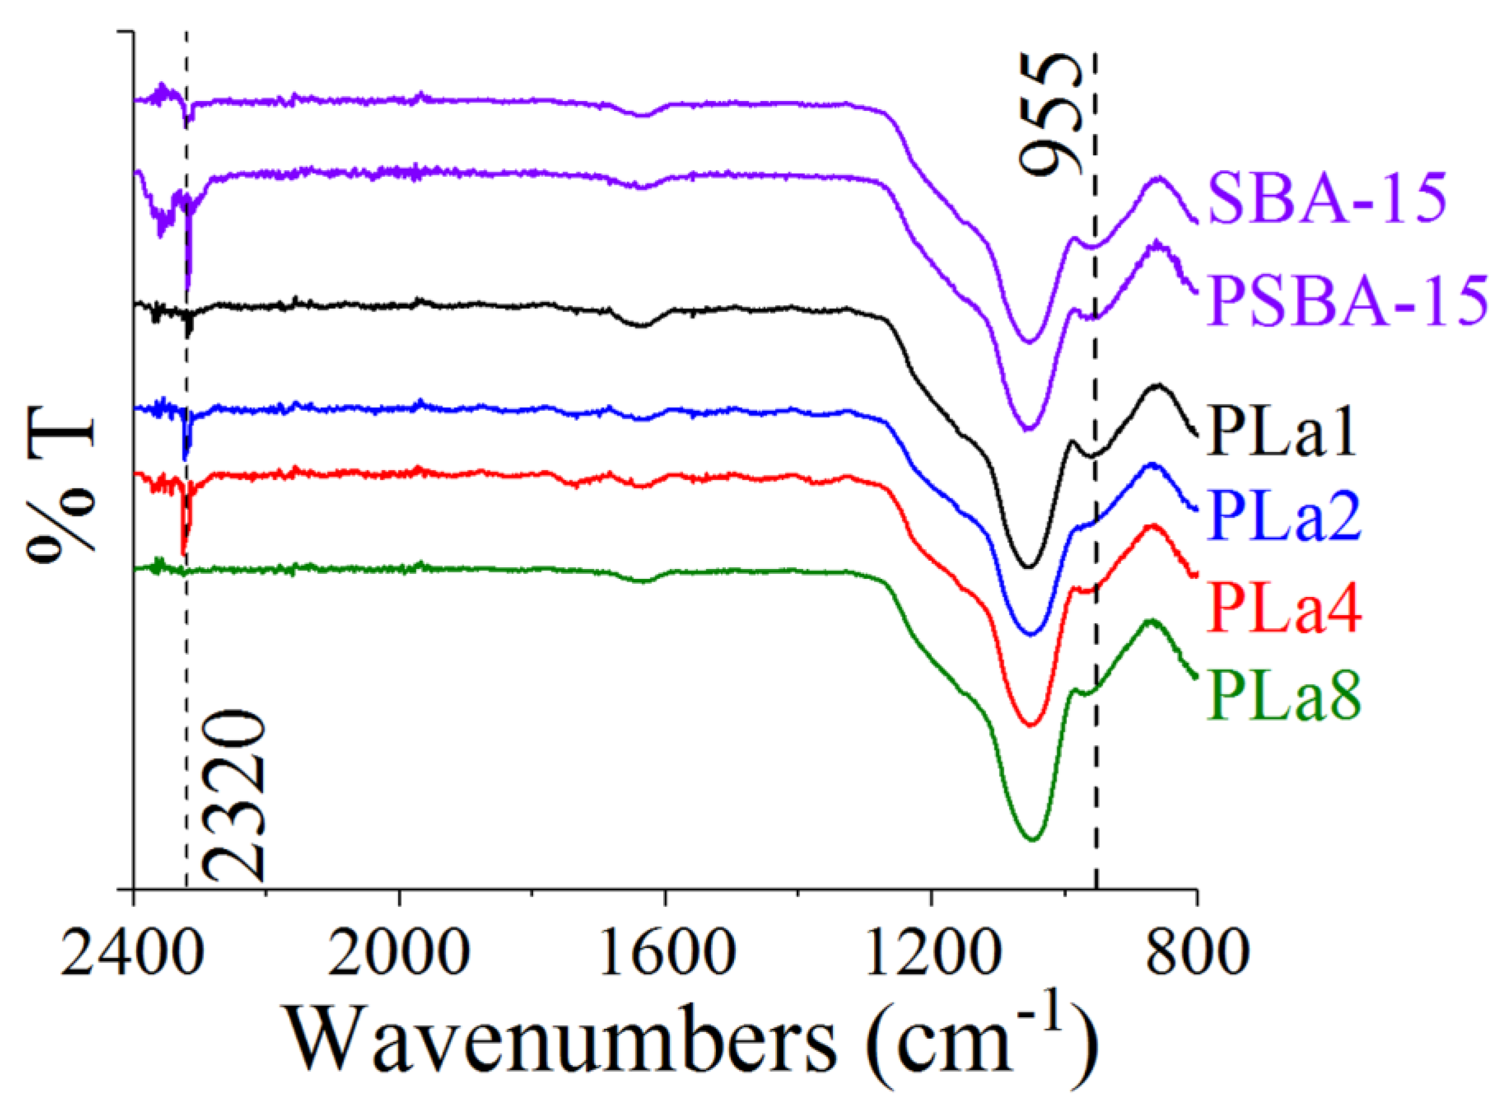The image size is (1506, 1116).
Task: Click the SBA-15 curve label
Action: coord(1327,199)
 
